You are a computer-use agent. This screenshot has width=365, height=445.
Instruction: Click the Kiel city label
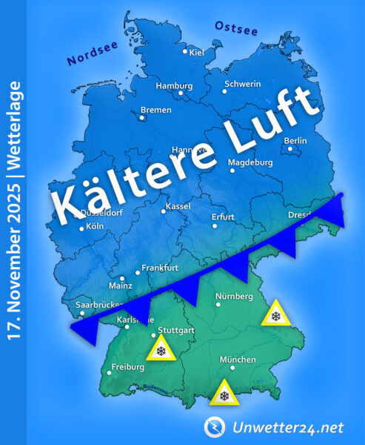(197, 53)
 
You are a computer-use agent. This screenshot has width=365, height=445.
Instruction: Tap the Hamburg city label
(174, 86)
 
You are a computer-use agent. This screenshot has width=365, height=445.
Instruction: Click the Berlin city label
(295, 141)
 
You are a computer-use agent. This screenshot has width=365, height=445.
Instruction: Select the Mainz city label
(120, 286)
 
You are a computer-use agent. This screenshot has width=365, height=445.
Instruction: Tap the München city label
(238, 360)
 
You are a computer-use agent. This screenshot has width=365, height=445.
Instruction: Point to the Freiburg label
(127, 367)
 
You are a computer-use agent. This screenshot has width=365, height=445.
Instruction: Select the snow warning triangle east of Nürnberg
(276, 315)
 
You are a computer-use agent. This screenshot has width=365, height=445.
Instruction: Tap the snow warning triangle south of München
(223, 395)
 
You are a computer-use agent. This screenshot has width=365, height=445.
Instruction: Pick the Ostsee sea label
(235, 28)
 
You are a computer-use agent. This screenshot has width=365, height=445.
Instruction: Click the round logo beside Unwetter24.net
(215, 426)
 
